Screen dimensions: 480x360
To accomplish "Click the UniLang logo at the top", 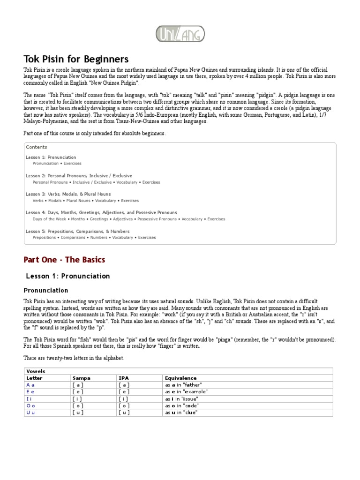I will [x=180, y=34].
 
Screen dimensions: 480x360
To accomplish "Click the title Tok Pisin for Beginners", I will [x=76, y=59].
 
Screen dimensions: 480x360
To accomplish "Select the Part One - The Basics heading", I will [x=64, y=260].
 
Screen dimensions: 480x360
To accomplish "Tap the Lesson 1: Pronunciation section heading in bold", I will [x=67, y=276].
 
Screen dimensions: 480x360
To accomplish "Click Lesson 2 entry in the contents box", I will [x=79, y=176].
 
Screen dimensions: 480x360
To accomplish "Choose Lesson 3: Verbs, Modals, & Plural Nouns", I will [x=68, y=194].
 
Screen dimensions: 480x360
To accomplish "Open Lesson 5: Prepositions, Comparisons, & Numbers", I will [x=78, y=231].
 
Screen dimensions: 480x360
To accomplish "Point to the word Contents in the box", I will [x=37, y=147].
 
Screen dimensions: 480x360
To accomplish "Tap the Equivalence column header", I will [x=180, y=378].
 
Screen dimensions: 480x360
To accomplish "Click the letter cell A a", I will [x=31, y=384].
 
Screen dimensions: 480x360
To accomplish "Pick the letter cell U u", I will [x=31, y=412].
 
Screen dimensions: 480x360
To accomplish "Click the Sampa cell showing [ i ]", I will [x=78, y=398].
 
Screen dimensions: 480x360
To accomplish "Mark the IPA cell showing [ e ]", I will [x=124, y=391].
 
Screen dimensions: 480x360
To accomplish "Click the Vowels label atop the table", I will [x=36, y=371].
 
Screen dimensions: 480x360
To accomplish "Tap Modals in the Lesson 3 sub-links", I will [x=55, y=201].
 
